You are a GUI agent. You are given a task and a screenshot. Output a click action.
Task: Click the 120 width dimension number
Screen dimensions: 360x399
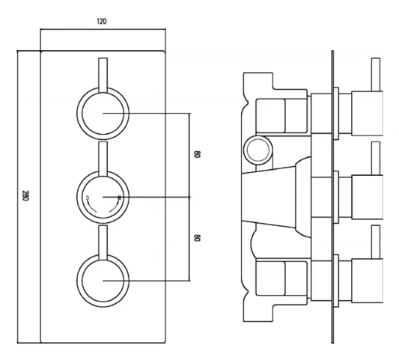pyautogui.click(x=102, y=21)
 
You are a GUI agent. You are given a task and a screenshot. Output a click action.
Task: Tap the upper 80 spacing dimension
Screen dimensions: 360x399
pyautogui.click(x=198, y=155)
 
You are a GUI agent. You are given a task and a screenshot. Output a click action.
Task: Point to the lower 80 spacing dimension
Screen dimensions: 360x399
pyautogui.click(x=198, y=238)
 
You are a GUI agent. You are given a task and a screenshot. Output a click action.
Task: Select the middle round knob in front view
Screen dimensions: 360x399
pyautogui.click(x=102, y=197)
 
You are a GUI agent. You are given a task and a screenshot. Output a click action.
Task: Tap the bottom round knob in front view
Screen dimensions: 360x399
pyautogui.click(x=102, y=280)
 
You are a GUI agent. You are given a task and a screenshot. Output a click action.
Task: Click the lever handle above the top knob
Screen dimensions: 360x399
pyautogui.click(x=102, y=73)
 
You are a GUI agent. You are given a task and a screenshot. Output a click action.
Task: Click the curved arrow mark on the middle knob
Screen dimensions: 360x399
pyautogui.click(x=90, y=198)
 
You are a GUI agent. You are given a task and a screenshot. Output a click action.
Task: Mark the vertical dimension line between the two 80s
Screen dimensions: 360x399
pyautogui.click(x=190, y=197)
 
